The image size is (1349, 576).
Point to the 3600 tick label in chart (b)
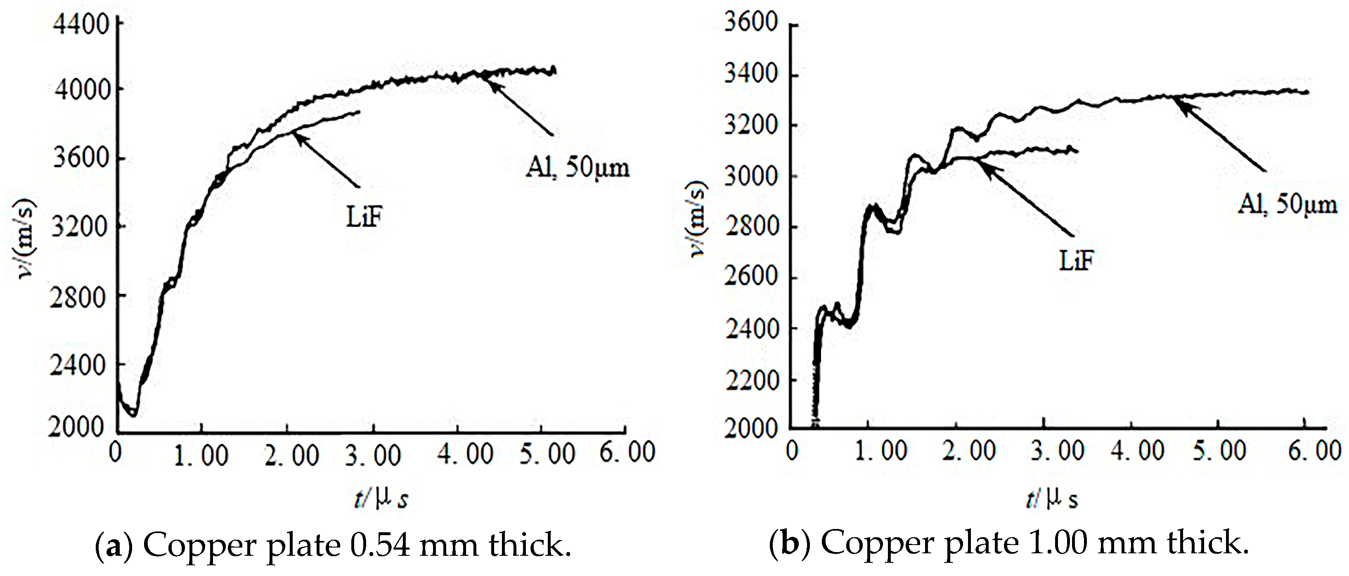pyautogui.click(x=750, y=23)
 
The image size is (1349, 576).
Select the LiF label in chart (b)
pyautogui.click(x=1077, y=261)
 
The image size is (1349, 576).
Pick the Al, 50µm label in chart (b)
pyautogui.click(x=1287, y=204)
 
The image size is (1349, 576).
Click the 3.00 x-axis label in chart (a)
pyautogui.click(x=373, y=455)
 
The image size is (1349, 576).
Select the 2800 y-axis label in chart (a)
pyautogui.click(x=78, y=297)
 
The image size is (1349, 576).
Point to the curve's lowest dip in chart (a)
pyautogui.click(x=133, y=415)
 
